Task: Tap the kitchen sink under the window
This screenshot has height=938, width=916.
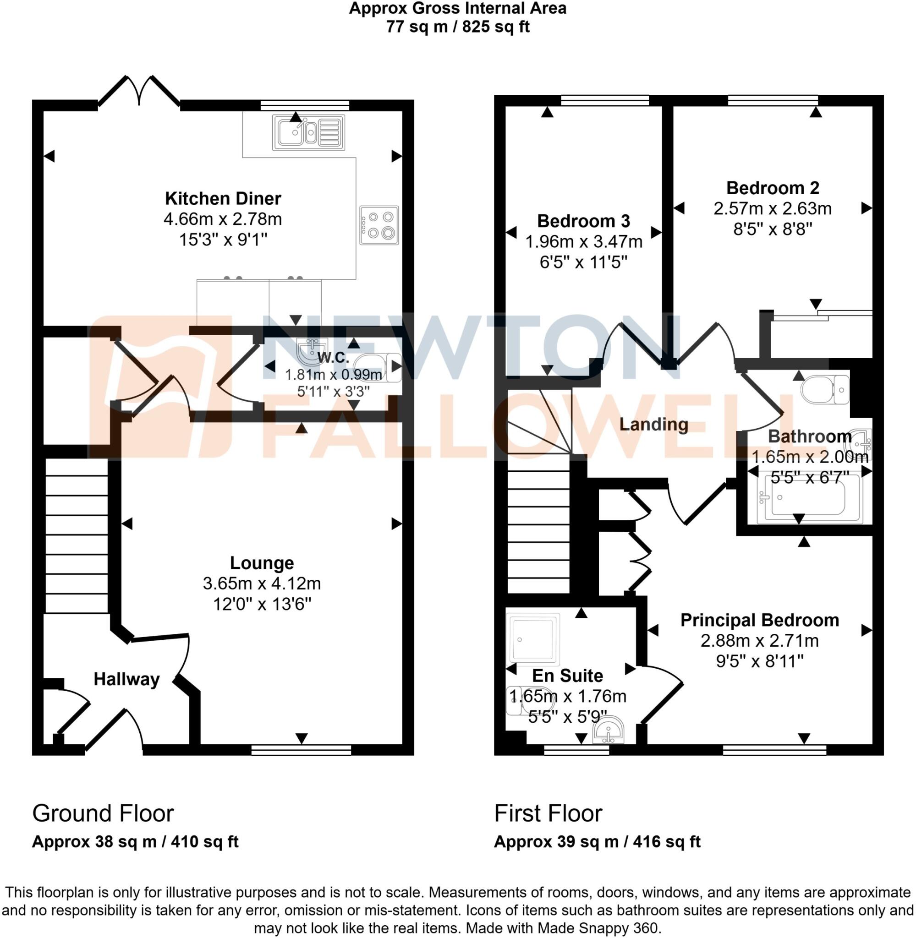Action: pyautogui.click(x=308, y=132)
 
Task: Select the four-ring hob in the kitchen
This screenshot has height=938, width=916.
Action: pyautogui.click(x=378, y=225)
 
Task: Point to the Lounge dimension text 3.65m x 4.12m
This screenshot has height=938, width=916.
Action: pyautogui.click(x=261, y=584)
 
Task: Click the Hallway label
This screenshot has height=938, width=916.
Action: pyautogui.click(x=126, y=679)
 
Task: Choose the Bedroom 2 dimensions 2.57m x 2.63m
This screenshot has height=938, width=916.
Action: pyautogui.click(x=772, y=209)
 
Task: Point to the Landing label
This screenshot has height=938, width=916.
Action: pyautogui.click(x=653, y=425)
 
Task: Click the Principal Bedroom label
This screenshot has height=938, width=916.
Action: pyautogui.click(x=759, y=620)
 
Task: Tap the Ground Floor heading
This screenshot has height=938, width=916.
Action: pyautogui.click(x=103, y=813)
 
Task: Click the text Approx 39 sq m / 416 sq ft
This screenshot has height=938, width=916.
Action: pyautogui.click(x=597, y=842)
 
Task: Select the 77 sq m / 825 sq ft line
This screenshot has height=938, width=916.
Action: pyautogui.click(x=457, y=27)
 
